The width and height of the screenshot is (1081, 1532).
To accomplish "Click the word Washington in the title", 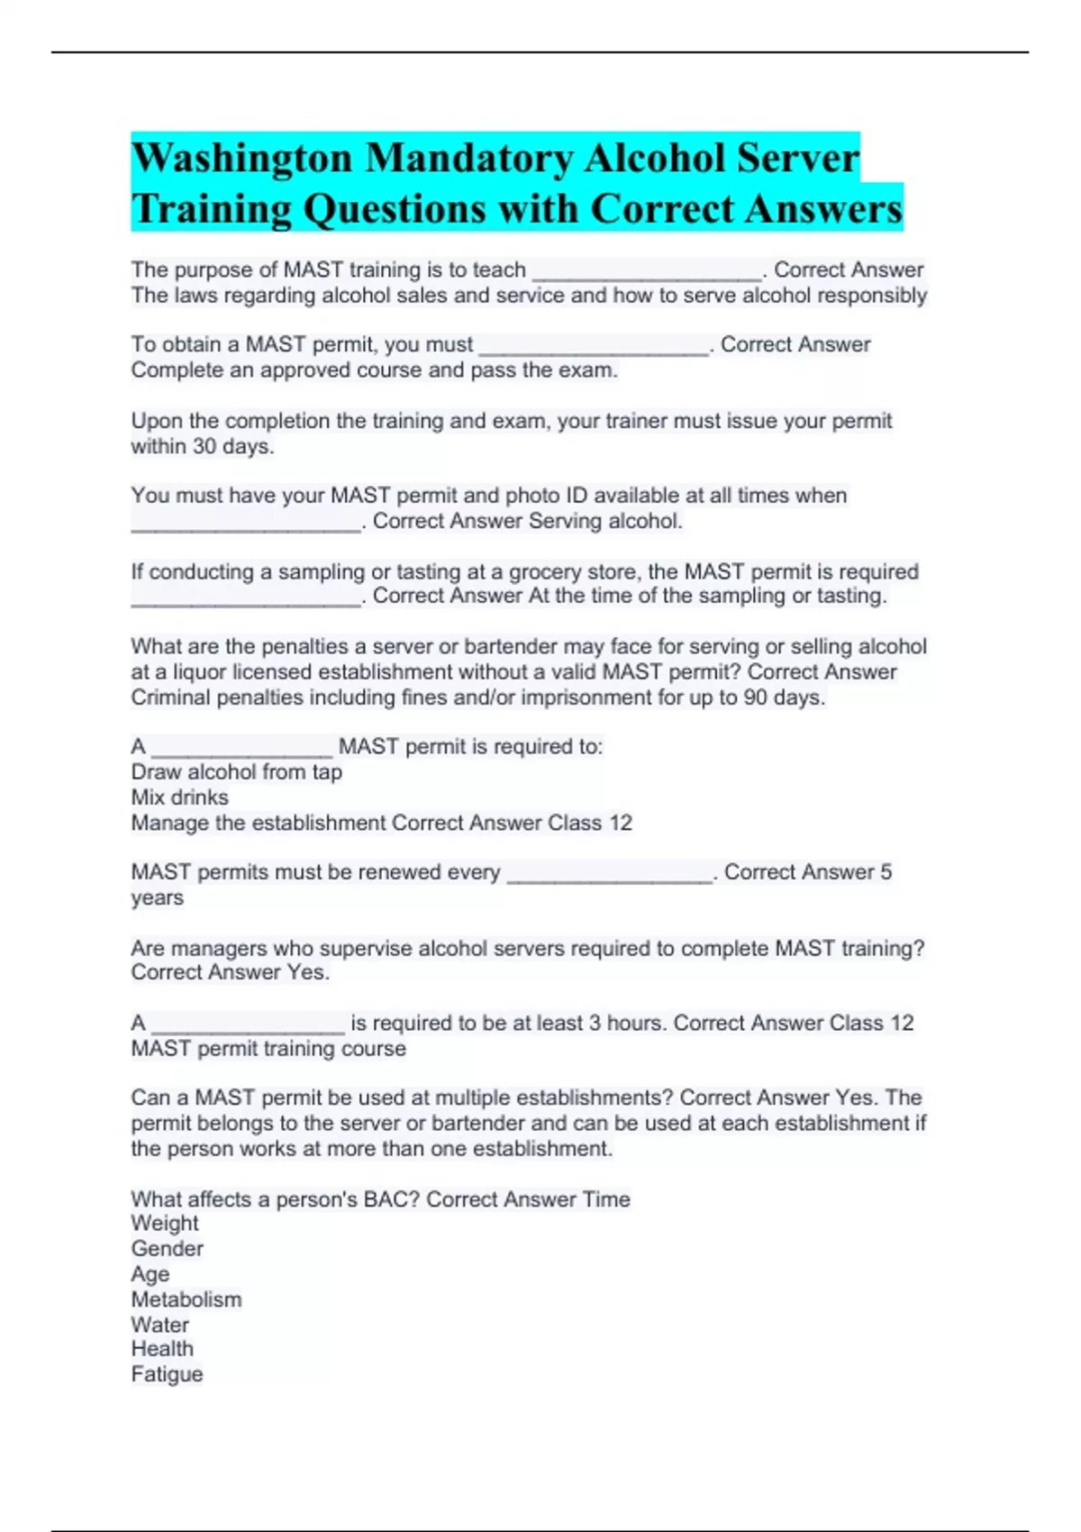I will tap(241, 159).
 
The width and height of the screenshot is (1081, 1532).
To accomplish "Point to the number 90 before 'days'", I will tap(756, 698).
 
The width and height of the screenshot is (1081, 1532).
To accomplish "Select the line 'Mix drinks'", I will tap(179, 798).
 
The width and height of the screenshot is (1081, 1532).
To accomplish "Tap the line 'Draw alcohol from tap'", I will tap(236, 772).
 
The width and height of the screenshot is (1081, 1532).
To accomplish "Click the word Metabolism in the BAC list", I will tap(186, 1299).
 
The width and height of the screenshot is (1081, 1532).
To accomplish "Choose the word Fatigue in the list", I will tap(167, 1374).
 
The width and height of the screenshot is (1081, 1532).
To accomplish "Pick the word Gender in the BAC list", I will tap(167, 1249).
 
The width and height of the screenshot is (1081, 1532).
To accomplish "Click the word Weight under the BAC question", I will tap(164, 1224).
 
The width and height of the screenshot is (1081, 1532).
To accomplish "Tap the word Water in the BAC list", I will tap(159, 1325).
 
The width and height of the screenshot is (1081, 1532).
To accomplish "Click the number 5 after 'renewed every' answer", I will tap(886, 872).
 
